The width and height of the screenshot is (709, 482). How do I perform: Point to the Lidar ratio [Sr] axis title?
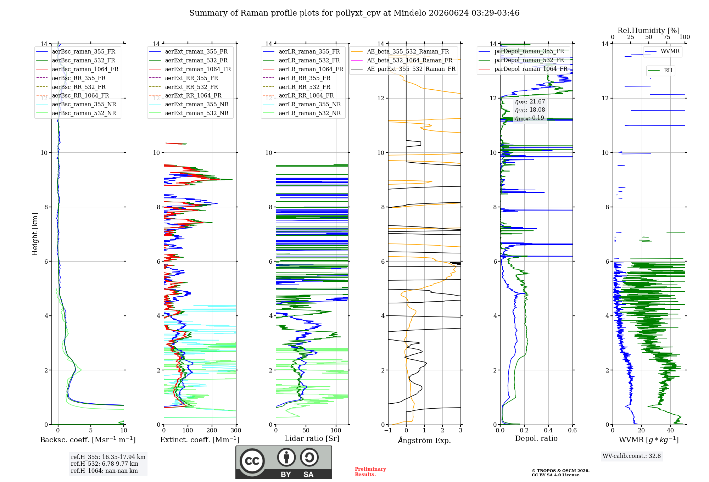coord(312,438)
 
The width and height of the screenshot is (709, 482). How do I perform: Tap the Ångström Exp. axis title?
coord(424,440)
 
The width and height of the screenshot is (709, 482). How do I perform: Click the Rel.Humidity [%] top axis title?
coord(649,30)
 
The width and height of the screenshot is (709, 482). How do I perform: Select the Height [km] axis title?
coord(35,234)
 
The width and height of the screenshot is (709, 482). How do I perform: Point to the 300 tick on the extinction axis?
coord(236,430)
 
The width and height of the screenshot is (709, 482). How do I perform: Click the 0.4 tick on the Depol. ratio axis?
coord(548,430)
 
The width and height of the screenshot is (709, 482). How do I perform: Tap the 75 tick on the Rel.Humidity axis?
coord(667,37)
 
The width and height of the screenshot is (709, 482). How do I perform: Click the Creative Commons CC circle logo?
coord(252,461)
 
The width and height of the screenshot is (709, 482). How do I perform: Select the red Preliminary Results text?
coord(370,472)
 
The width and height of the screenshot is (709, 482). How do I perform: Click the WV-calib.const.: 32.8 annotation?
coord(632,456)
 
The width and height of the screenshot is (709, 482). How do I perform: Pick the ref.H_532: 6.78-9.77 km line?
coord(105,464)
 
